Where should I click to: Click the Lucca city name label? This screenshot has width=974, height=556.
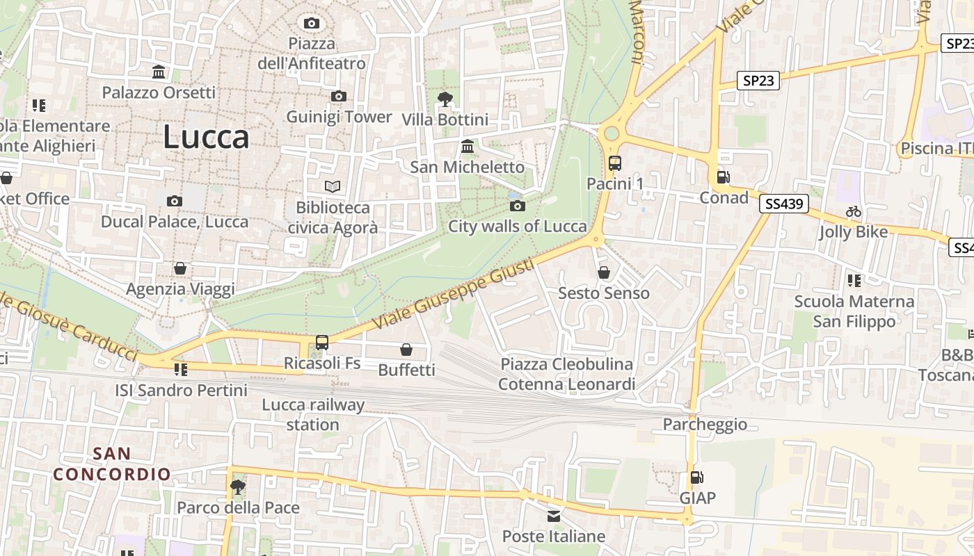point(206,137)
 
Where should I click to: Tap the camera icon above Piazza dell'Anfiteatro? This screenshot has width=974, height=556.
point(312,24)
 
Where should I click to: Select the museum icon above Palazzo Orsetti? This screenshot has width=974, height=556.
point(159,72)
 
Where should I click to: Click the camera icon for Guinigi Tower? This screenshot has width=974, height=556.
point(339,97)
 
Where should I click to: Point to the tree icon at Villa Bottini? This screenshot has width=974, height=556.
point(445,99)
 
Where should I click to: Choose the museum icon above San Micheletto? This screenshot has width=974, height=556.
point(468,147)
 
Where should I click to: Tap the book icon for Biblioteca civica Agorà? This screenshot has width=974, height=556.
point(333,186)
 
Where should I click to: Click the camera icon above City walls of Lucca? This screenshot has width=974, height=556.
point(517,206)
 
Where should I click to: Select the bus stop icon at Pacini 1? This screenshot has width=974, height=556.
point(615,163)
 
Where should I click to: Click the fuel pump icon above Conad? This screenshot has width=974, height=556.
point(724,177)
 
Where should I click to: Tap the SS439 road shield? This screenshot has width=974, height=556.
point(784,204)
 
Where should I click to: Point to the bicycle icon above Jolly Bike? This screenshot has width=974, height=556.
point(854,211)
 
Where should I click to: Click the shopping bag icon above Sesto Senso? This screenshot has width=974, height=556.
point(604,272)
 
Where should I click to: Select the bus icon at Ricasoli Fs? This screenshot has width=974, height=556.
point(321,343)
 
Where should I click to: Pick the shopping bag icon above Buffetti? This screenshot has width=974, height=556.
point(406,350)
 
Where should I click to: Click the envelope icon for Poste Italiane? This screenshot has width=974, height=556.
point(554,516)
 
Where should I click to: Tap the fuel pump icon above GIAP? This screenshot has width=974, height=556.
point(696,477)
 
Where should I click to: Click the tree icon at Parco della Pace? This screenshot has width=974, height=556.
point(238,486)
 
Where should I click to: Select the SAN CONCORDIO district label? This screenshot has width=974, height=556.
point(112,464)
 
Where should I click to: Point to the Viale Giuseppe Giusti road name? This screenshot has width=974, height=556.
point(454,295)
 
